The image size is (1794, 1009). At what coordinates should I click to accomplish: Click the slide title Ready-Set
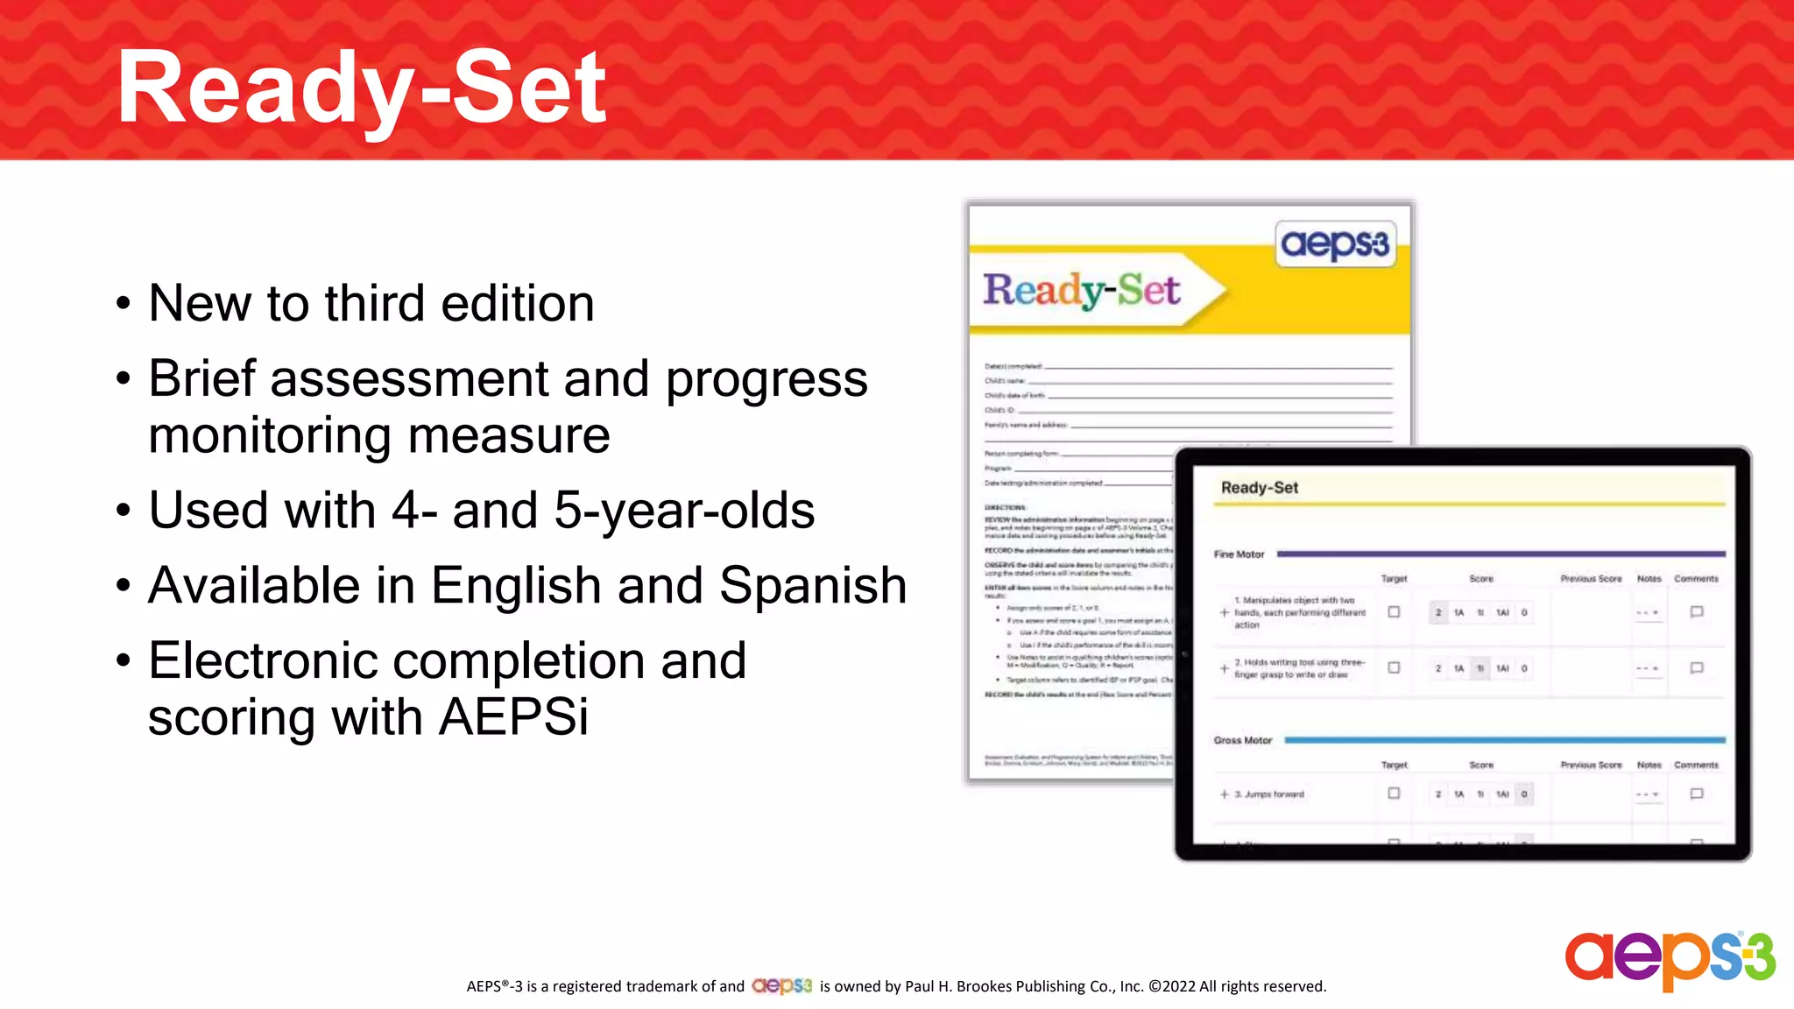coord(361,88)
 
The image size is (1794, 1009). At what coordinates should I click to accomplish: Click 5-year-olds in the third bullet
coord(684,510)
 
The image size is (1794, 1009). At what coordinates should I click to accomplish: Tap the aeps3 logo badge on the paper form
coord(1334,244)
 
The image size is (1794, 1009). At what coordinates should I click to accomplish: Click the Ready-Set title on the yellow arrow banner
coord(1081,291)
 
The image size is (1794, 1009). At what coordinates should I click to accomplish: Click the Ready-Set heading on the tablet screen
coord(1259,488)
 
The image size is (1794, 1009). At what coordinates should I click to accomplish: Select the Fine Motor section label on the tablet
coord(1239,554)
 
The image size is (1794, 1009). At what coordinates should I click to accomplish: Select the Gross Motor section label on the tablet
coord(1242,740)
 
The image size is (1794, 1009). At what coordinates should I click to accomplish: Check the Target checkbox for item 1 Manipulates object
coord(1394,612)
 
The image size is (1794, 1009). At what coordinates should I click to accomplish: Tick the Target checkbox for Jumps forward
coord(1394,794)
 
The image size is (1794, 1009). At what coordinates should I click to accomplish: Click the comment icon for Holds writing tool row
coord(1696,668)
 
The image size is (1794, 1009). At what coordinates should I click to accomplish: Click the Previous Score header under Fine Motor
coord(1591,579)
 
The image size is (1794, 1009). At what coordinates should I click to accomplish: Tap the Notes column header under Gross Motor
coord(1649,766)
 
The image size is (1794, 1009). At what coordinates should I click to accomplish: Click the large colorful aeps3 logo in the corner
coord(1670,960)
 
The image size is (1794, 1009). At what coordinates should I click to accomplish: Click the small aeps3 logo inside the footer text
coord(781,986)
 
